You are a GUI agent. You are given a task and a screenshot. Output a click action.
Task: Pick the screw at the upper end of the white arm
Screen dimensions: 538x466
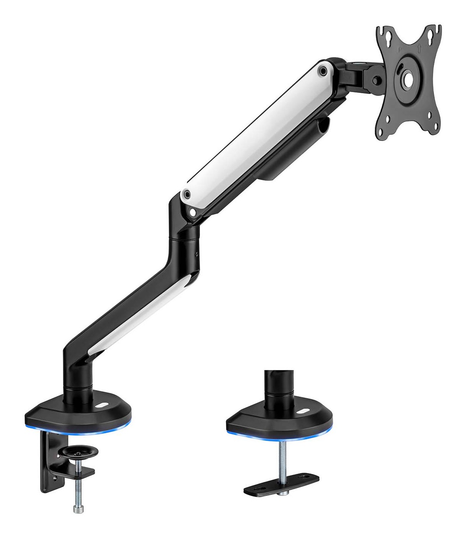click(x=323, y=70)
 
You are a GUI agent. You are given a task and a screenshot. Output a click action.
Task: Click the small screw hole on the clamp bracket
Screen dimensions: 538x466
click(x=56, y=477)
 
